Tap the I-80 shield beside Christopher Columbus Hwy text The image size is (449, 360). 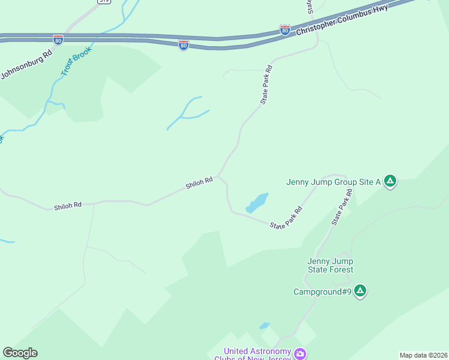(x=285, y=29)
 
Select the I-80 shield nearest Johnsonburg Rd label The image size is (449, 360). (x=58, y=40)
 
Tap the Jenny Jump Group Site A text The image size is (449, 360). (x=334, y=182)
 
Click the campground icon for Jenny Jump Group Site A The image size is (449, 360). (x=390, y=181)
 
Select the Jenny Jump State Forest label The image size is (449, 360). (x=330, y=265)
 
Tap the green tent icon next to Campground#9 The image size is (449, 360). (x=360, y=291)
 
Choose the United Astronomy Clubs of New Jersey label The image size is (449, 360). (x=257, y=355)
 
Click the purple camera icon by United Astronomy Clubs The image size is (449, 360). (x=300, y=354)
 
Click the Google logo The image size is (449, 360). (x=20, y=353)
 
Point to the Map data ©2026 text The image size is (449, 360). (x=424, y=355)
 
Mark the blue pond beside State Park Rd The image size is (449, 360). (x=257, y=203)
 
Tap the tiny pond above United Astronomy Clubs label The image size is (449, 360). (x=264, y=326)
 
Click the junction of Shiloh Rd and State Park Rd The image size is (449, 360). (x=218, y=176)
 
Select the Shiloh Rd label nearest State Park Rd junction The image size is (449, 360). (x=199, y=182)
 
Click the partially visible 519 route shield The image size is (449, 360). (x=104, y=2)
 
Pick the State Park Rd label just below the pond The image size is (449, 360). (x=286, y=218)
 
